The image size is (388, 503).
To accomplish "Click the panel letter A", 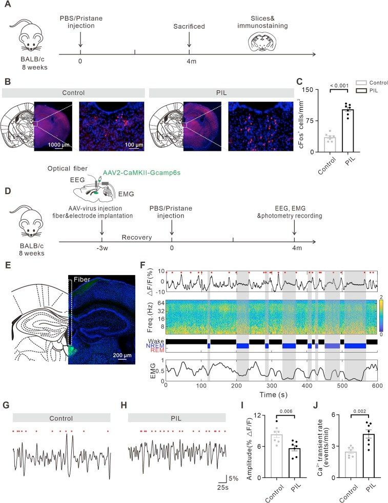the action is pyautogui.click(x=7, y=5).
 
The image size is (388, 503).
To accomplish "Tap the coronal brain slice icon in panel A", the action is pyautogui.click(x=262, y=42).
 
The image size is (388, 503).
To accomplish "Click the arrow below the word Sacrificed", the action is pyautogui.click(x=189, y=41).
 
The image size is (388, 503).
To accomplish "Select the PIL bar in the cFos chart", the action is pyautogui.click(x=348, y=131).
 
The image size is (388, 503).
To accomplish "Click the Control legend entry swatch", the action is pyautogui.click(x=361, y=83).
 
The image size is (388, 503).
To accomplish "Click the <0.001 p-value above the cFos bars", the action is pyautogui.click(x=339, y=86).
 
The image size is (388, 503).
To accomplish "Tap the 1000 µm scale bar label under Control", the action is pyautogui.click(x=58, y=145).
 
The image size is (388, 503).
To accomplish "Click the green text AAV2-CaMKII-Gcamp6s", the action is pyautogui.click(x=141, y=172).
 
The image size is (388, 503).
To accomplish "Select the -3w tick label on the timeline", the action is pyautogui.click(x=102, y=247).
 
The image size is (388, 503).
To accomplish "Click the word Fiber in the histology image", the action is pyautogui.click(x=81, y=279).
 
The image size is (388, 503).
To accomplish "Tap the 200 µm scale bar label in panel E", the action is pyautogui.click(x=122, y=355).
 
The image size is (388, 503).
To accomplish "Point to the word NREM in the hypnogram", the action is pyautogui.click(x=155, y=346).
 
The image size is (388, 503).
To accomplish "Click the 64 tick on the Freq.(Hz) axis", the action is pyautogui.click(x=161, y=303).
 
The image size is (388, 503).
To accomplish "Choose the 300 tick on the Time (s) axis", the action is pyautogui.click(x=272, y=385).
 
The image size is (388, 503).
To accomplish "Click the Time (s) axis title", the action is pyautogui.click(x=273, y=394).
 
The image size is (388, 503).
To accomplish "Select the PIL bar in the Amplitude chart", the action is pyautogui.click(x=294, y=463).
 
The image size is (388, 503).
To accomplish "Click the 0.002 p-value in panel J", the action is pyautogui.click(x=359, y=411).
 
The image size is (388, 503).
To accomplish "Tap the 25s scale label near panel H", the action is pyautogui.click(x=222, y=487).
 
